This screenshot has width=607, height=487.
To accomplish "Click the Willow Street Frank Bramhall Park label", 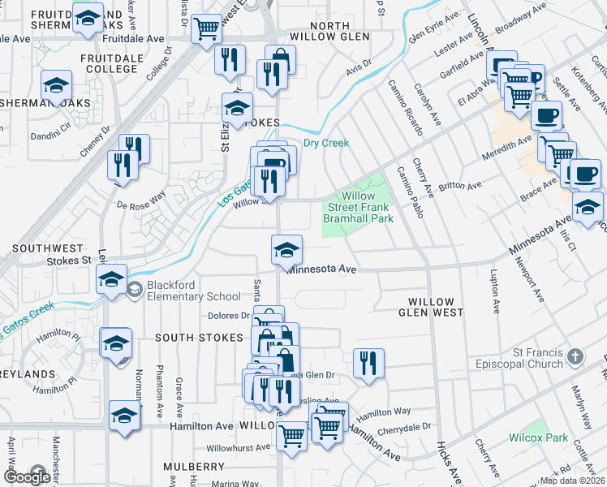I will (x=358, y=208).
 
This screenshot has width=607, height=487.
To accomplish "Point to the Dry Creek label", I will (x=325, y=144).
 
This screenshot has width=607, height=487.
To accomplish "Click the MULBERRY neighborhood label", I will (x=194, y=467).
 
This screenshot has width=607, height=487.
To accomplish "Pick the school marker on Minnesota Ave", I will (x=286, y=248).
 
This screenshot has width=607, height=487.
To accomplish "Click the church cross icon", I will (x=575, y=356).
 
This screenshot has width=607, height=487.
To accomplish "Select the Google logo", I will (x=27, y=476).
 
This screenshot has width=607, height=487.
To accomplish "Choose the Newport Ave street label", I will (x=528, y=280).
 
